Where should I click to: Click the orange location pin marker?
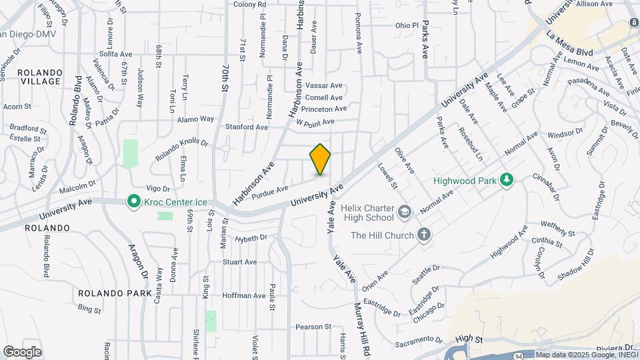coord(321,159)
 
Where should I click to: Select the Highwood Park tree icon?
coord(507,180)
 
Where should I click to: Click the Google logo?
coord(22,351)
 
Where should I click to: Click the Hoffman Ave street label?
coord(244,295)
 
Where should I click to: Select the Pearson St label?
coord(313,327)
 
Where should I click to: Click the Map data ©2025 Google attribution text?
coord(587,355)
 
